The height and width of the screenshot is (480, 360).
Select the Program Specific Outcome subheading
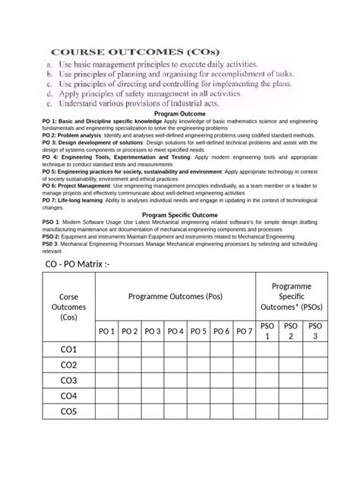[179, 215]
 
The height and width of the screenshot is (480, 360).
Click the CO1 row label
[68, 350]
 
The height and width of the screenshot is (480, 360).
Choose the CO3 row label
[68, 381]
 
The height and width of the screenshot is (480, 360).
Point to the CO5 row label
[68, 412]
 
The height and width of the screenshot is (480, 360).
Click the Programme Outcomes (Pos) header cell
[175, 295]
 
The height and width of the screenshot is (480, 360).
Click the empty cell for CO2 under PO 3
[152, 365]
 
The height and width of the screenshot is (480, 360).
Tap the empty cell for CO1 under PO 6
[220, 350]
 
